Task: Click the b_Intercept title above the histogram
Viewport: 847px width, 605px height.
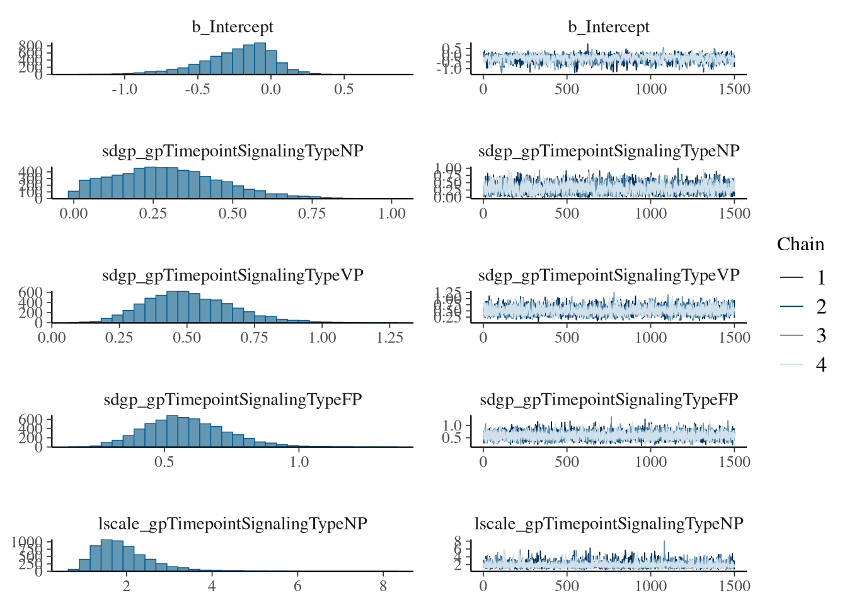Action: (233, 27)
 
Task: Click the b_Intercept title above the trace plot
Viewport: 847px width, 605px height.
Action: (608, 27)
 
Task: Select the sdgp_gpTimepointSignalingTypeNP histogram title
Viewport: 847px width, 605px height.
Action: (233, 151)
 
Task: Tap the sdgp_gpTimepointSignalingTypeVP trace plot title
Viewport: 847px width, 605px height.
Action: (608, 275)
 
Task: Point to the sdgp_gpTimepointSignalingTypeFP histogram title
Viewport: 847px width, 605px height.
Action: (233, 400)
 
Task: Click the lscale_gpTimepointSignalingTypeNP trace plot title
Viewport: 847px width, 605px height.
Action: (608, 524)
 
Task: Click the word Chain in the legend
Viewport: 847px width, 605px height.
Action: (800, 245)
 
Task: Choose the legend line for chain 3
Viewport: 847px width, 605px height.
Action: (792, 335)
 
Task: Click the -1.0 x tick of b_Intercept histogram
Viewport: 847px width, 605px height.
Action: (124, 89)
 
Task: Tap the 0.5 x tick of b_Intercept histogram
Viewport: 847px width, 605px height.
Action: (343, 89)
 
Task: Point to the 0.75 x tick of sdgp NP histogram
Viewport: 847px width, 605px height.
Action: (312, 214)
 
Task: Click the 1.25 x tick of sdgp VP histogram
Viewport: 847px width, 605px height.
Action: (389, 338)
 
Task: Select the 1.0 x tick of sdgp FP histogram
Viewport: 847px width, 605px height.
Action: (299, 462)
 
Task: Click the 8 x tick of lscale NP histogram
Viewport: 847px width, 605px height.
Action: (383, 586)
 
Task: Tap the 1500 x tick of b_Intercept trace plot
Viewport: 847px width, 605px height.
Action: (734, 89)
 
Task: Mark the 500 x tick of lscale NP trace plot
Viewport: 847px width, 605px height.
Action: (567, 586)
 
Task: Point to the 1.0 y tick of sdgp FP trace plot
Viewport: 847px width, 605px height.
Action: (452, 425)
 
